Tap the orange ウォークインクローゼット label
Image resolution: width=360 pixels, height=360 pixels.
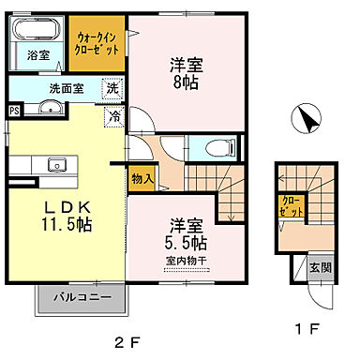tap(96, 43)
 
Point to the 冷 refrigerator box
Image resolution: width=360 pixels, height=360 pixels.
tap(113, 117)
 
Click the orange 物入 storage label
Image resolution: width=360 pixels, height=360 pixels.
tap(142, 176)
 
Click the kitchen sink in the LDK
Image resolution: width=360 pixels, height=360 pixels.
tap(57, 167)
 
